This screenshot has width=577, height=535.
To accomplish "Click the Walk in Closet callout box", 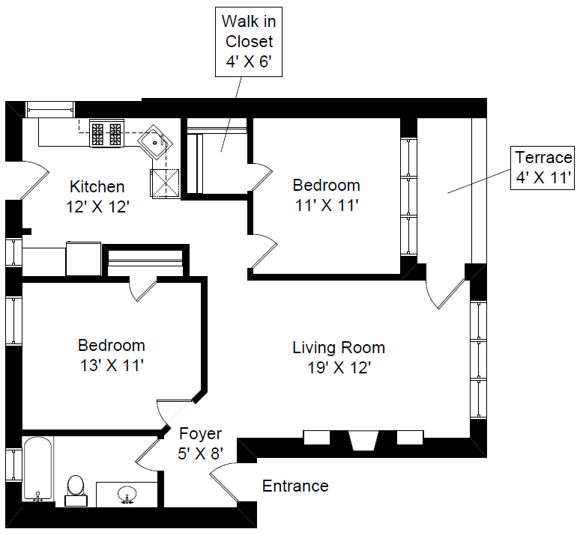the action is (x=249, y=42).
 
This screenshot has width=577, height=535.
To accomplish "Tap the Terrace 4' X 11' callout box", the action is (x=543, y=168).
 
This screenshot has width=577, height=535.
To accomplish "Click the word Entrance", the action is (x=295, y=486).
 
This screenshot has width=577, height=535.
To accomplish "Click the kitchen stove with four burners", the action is (x=106, y=134).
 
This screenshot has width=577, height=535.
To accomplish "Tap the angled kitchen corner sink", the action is (x=155, y=142).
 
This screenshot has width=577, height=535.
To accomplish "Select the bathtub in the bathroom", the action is (x=37, y=469).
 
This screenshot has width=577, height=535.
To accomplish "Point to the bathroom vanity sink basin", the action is (x=127, y=494).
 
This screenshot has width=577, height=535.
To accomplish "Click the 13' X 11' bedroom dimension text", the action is (x=112, y=366).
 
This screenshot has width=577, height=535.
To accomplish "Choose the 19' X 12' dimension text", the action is (x=339, y=367).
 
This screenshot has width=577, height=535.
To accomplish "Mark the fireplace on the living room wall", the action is (x=363, y=440).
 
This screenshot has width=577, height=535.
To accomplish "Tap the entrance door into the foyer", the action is (x=224, y=481).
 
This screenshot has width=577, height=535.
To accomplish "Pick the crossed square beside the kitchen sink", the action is (x=165, y=184).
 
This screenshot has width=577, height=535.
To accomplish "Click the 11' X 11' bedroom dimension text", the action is (x=327, y=206).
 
